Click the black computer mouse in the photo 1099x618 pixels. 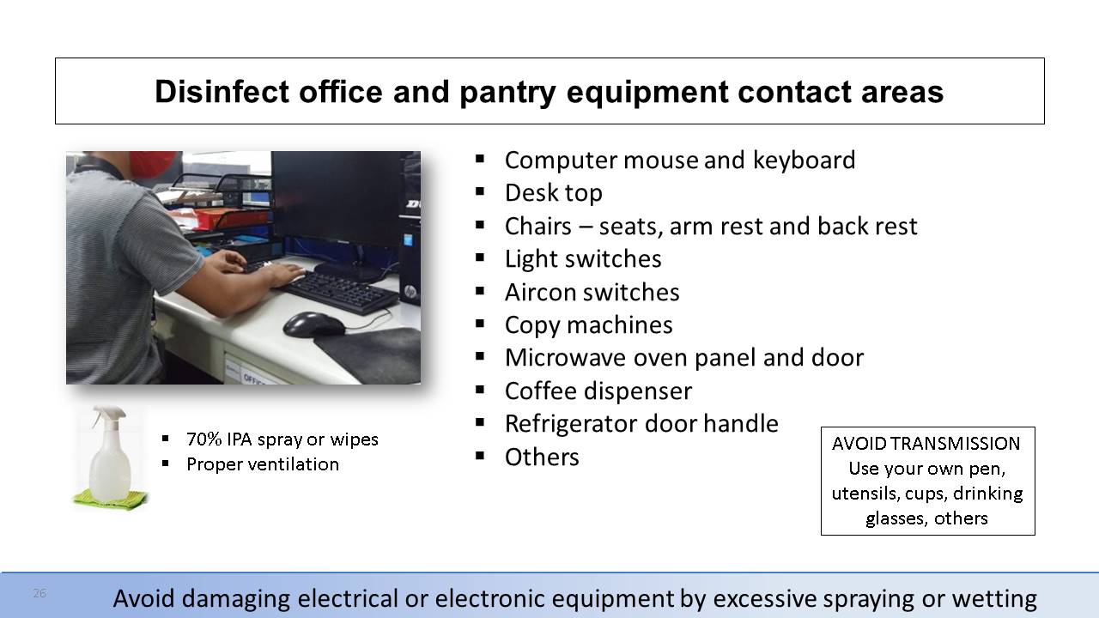314,324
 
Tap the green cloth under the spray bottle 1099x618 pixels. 110,500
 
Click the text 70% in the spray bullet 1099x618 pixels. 204,439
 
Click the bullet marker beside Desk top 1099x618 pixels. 480,191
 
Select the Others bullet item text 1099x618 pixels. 542,457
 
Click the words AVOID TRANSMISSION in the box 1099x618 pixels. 926,444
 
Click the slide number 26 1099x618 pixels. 39,593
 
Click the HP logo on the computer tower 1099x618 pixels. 410,291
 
